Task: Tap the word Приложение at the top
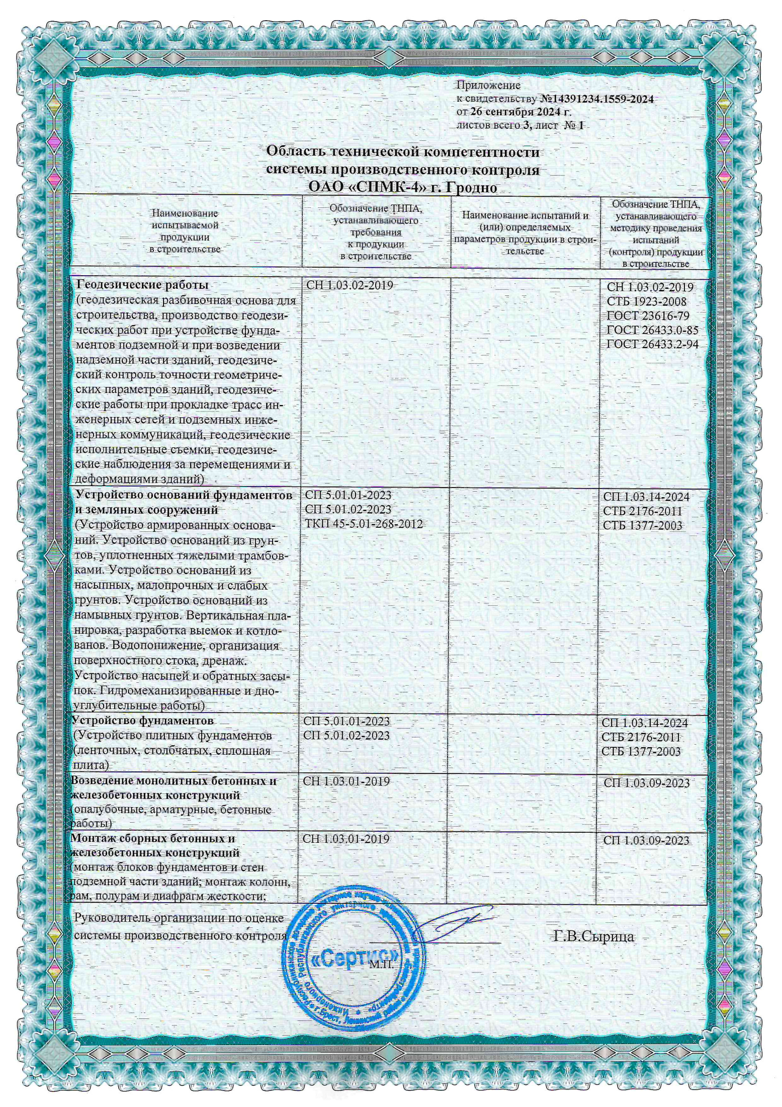488,86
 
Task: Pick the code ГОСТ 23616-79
648,315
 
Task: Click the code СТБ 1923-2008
646,301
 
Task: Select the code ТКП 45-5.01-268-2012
364,524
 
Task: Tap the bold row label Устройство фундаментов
142,721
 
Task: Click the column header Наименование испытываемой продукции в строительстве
185,231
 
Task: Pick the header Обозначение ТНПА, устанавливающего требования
376,231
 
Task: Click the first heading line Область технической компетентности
402,151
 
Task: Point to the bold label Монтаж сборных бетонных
153,839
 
